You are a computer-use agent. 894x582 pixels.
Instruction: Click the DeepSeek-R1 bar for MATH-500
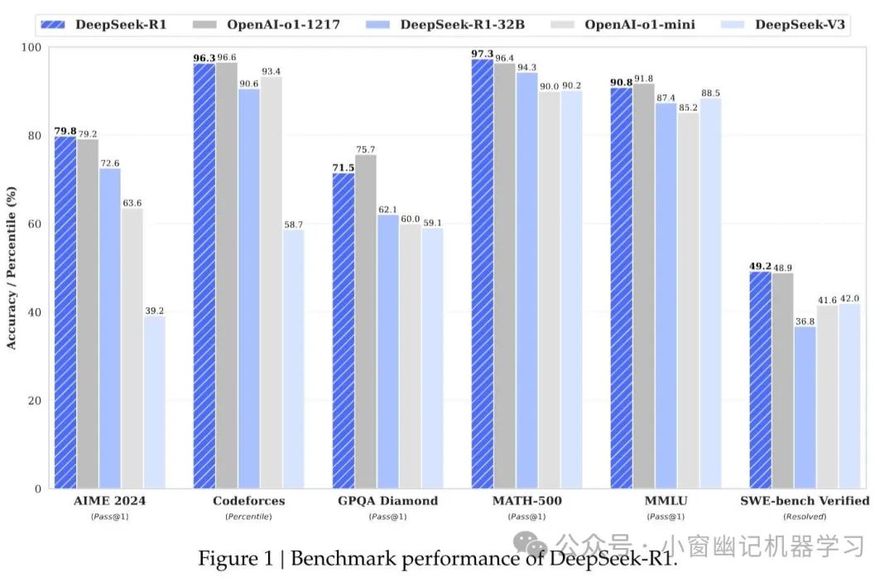pos(483,274)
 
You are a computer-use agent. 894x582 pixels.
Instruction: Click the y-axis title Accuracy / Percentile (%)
pos(12,267)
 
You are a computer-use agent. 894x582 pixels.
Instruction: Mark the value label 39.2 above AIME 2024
pos(154,310)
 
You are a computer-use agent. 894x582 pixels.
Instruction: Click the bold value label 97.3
pos(483,54)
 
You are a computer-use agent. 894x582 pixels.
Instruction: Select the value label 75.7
pos(366,149)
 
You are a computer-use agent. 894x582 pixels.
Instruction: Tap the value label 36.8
pos(805,320)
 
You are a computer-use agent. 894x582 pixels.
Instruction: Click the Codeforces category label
pos(248,501)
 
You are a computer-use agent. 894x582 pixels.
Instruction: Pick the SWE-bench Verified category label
pos(804,501)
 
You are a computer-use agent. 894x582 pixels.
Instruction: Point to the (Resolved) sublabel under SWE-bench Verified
pos(804,517)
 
